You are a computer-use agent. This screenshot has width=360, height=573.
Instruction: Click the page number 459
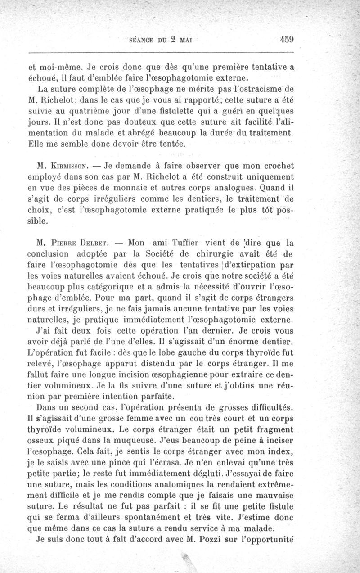pos(286,39)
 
